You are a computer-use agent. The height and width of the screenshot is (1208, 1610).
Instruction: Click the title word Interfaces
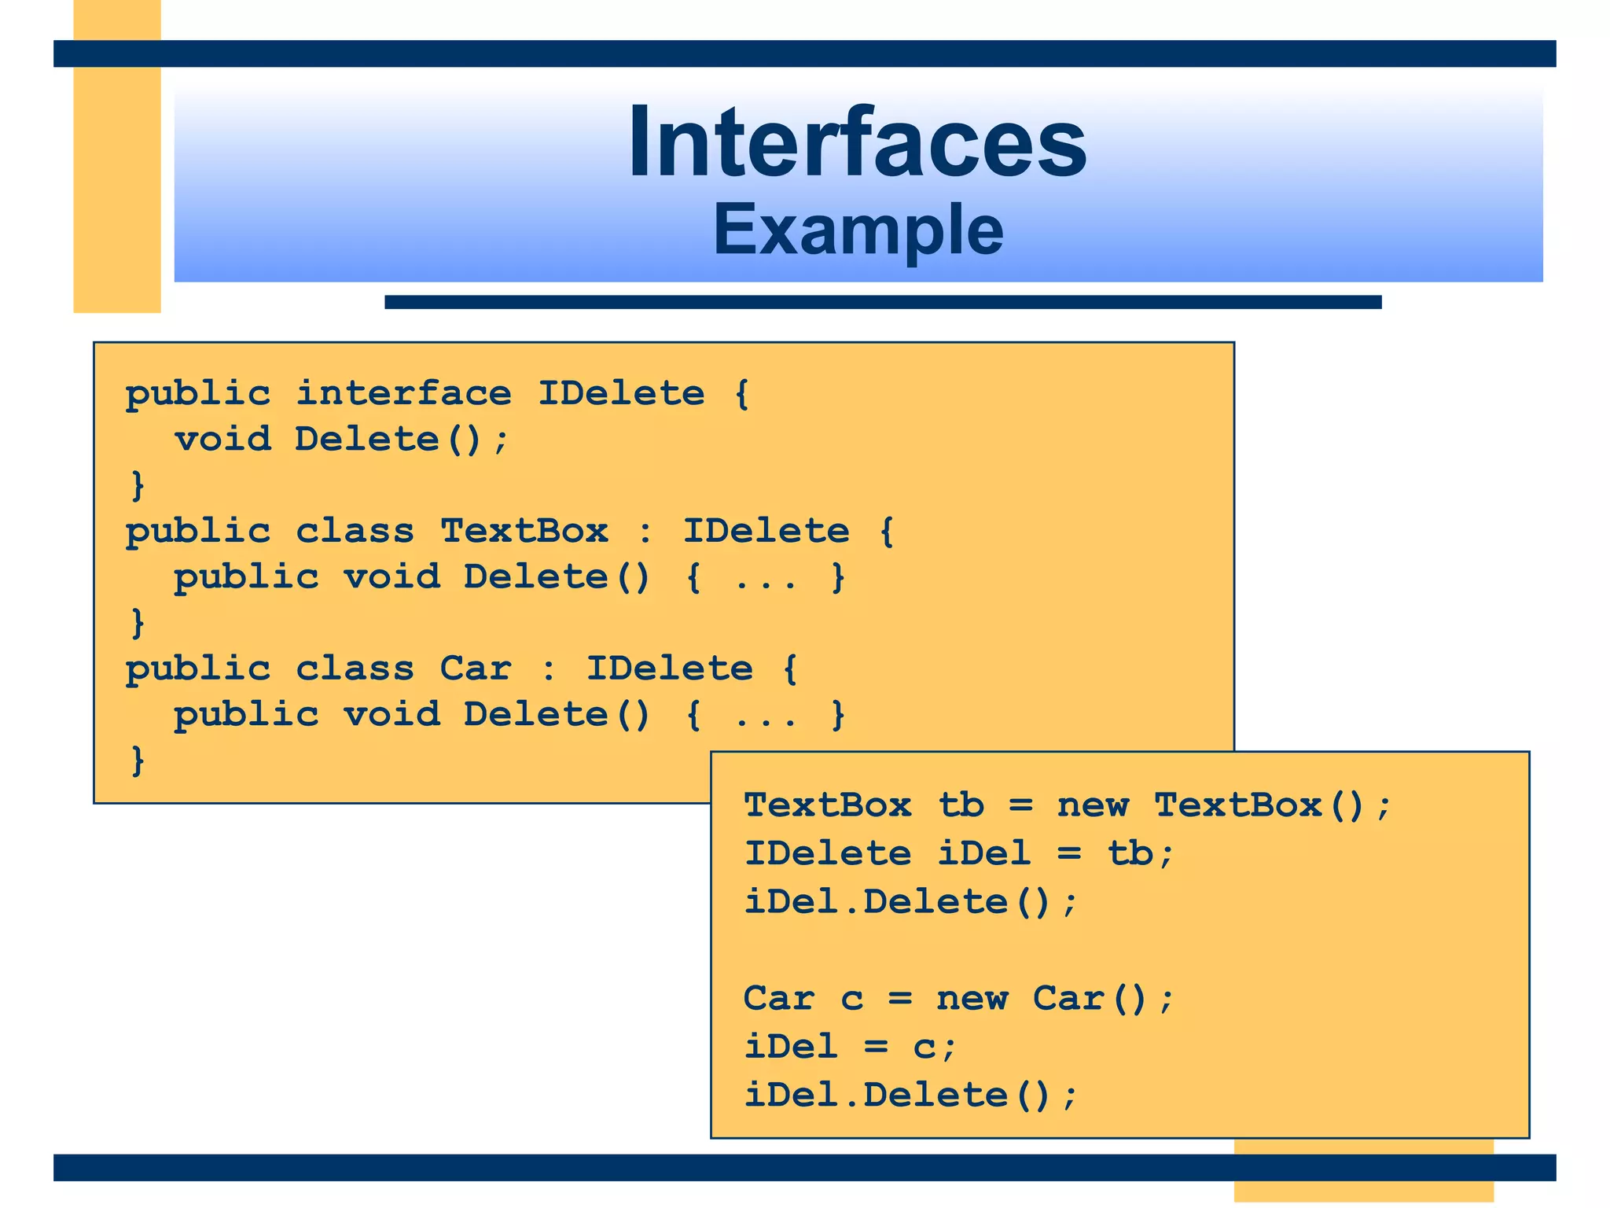point(857,143)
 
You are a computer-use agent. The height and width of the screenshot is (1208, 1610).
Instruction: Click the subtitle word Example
point(858,230)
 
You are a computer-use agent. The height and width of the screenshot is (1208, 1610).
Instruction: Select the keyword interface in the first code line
point(403,393)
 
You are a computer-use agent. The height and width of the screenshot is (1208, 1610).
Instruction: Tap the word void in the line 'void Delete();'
point(222,439)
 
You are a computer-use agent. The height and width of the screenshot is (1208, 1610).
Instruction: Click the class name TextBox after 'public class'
point(524,531)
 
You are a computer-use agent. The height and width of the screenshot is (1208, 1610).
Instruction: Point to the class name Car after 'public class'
point(476,668)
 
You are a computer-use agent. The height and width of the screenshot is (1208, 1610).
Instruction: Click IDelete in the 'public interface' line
point(621,393)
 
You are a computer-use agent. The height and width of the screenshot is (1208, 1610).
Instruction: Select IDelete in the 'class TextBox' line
point(766,531)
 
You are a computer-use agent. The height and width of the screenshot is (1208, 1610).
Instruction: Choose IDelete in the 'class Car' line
point(670,668)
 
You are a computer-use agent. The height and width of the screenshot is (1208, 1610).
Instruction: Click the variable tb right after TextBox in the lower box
point(961,805)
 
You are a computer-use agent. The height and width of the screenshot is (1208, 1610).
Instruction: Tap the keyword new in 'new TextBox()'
point(1093,805)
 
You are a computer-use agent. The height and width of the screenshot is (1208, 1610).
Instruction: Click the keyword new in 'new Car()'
point(972,999)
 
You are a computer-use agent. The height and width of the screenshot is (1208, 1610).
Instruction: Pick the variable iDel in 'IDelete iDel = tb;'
point(983,853)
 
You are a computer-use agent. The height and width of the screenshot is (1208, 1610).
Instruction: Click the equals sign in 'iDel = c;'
point(876,1047)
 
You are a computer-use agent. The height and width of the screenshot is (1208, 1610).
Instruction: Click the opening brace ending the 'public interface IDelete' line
point(741,393)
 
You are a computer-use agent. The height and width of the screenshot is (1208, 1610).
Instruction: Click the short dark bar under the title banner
point(883,302)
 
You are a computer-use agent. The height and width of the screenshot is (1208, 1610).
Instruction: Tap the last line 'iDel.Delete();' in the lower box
point(910,1095)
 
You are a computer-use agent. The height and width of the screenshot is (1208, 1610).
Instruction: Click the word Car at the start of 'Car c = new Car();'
point(778,999)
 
